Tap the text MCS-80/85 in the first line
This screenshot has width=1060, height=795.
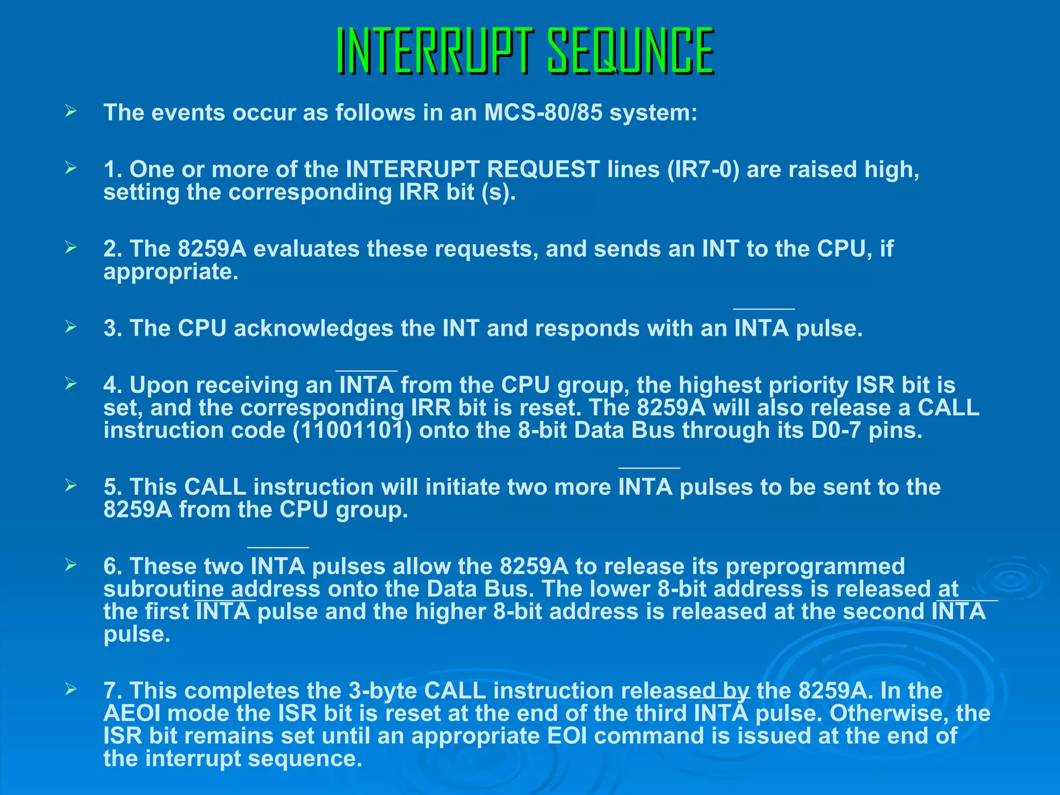(x=543, y=113)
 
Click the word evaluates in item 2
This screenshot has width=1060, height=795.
(x=306, y=249)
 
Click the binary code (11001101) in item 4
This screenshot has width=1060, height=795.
(x=352, y=431)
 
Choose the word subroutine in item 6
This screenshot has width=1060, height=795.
(x=163, y=590)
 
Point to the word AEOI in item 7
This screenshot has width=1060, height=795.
(x=131, y=714)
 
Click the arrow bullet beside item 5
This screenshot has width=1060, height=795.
(x=71, y=485)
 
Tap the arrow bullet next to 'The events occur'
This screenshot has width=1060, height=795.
(x=71, y=111)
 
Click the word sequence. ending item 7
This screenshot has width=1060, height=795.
(x=305, y=759)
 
